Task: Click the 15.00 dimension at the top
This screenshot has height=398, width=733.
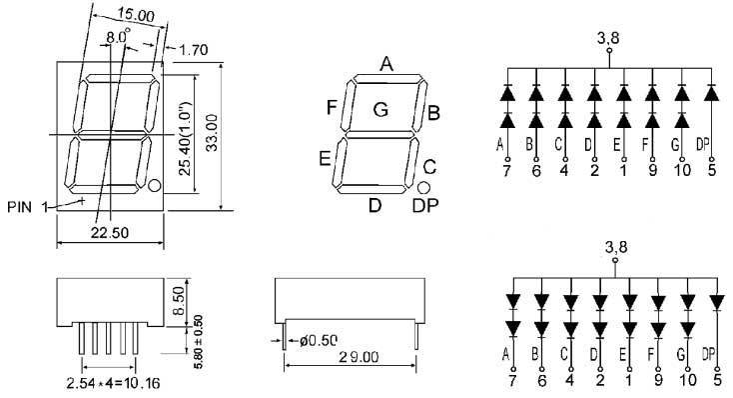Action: point(136,15)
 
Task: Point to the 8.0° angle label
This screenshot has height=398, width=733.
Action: point(118,36)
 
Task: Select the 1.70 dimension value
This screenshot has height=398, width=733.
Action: point(193,50)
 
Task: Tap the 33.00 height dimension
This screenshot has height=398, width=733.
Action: point(212,132)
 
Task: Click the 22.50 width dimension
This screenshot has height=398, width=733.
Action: point(110,232)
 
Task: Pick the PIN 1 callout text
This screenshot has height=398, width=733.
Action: point(28,206)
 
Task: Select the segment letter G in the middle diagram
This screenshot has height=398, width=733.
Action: point(381,110)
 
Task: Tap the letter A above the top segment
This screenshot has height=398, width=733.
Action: point(386,64)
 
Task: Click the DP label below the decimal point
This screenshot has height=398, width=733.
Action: point(425,205)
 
